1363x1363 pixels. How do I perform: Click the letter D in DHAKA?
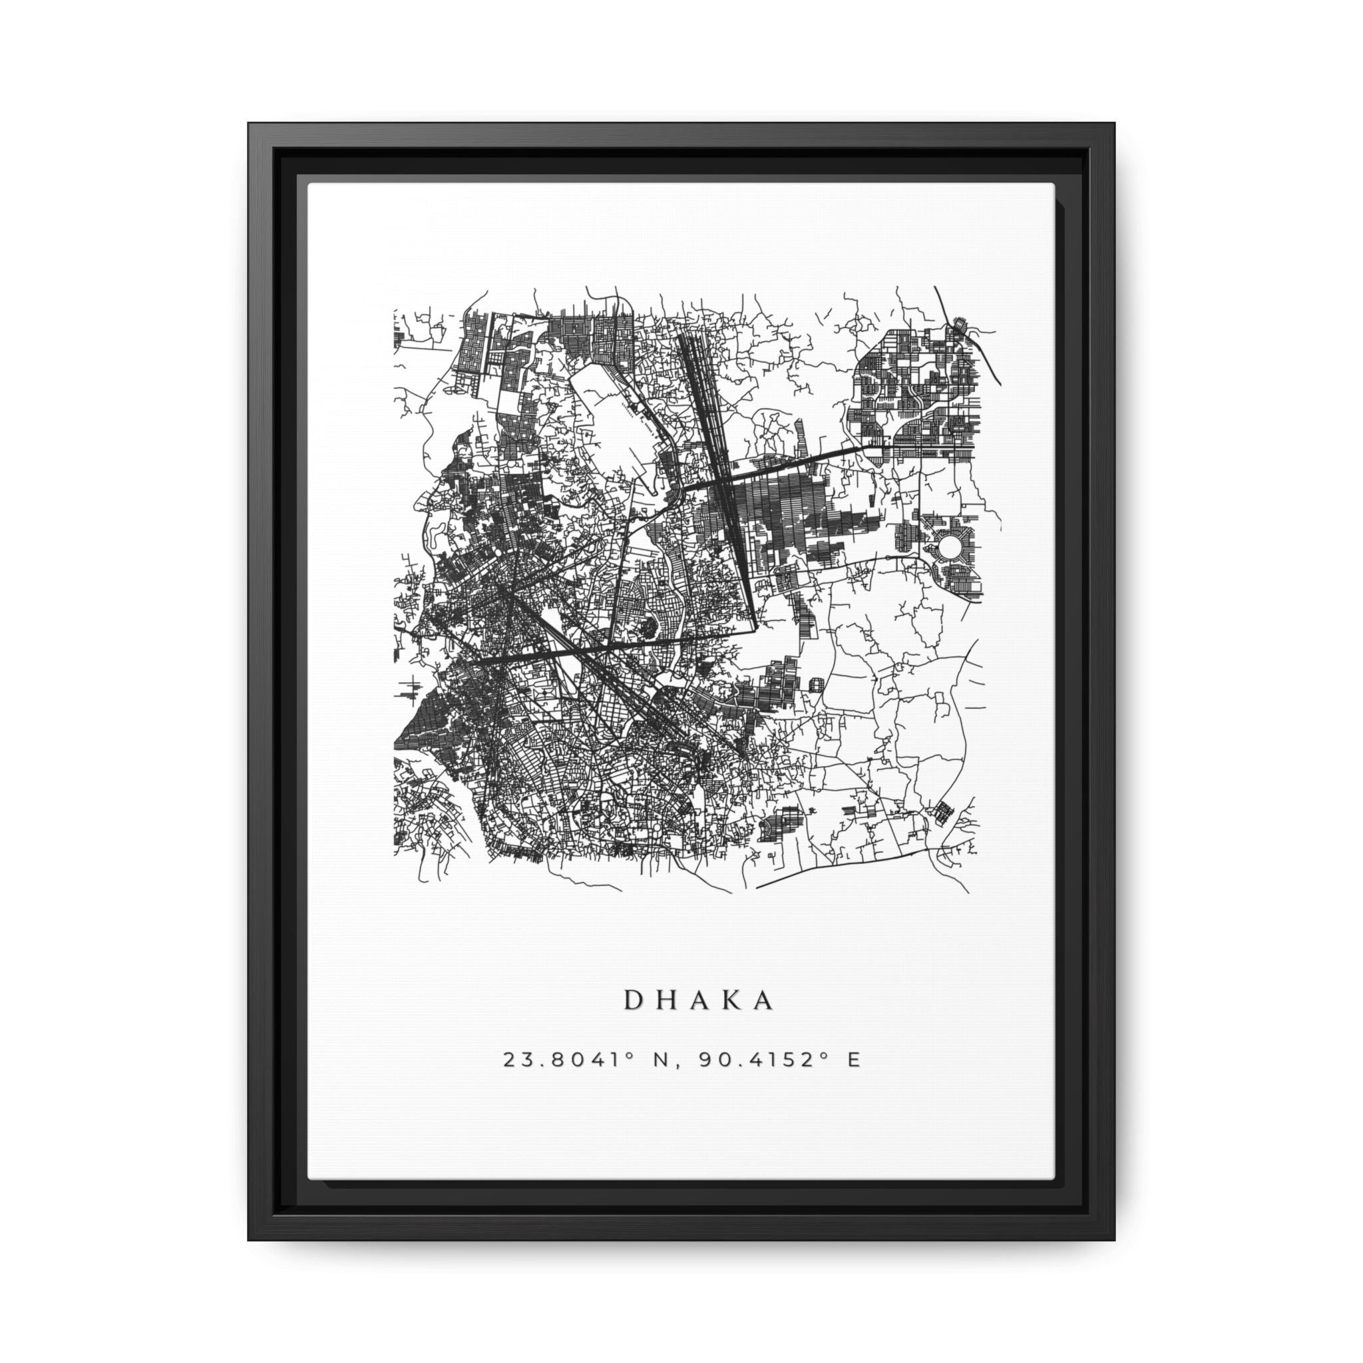(x=633, y=1001)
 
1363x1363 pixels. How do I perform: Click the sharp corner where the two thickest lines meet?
(x=755, y=626)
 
